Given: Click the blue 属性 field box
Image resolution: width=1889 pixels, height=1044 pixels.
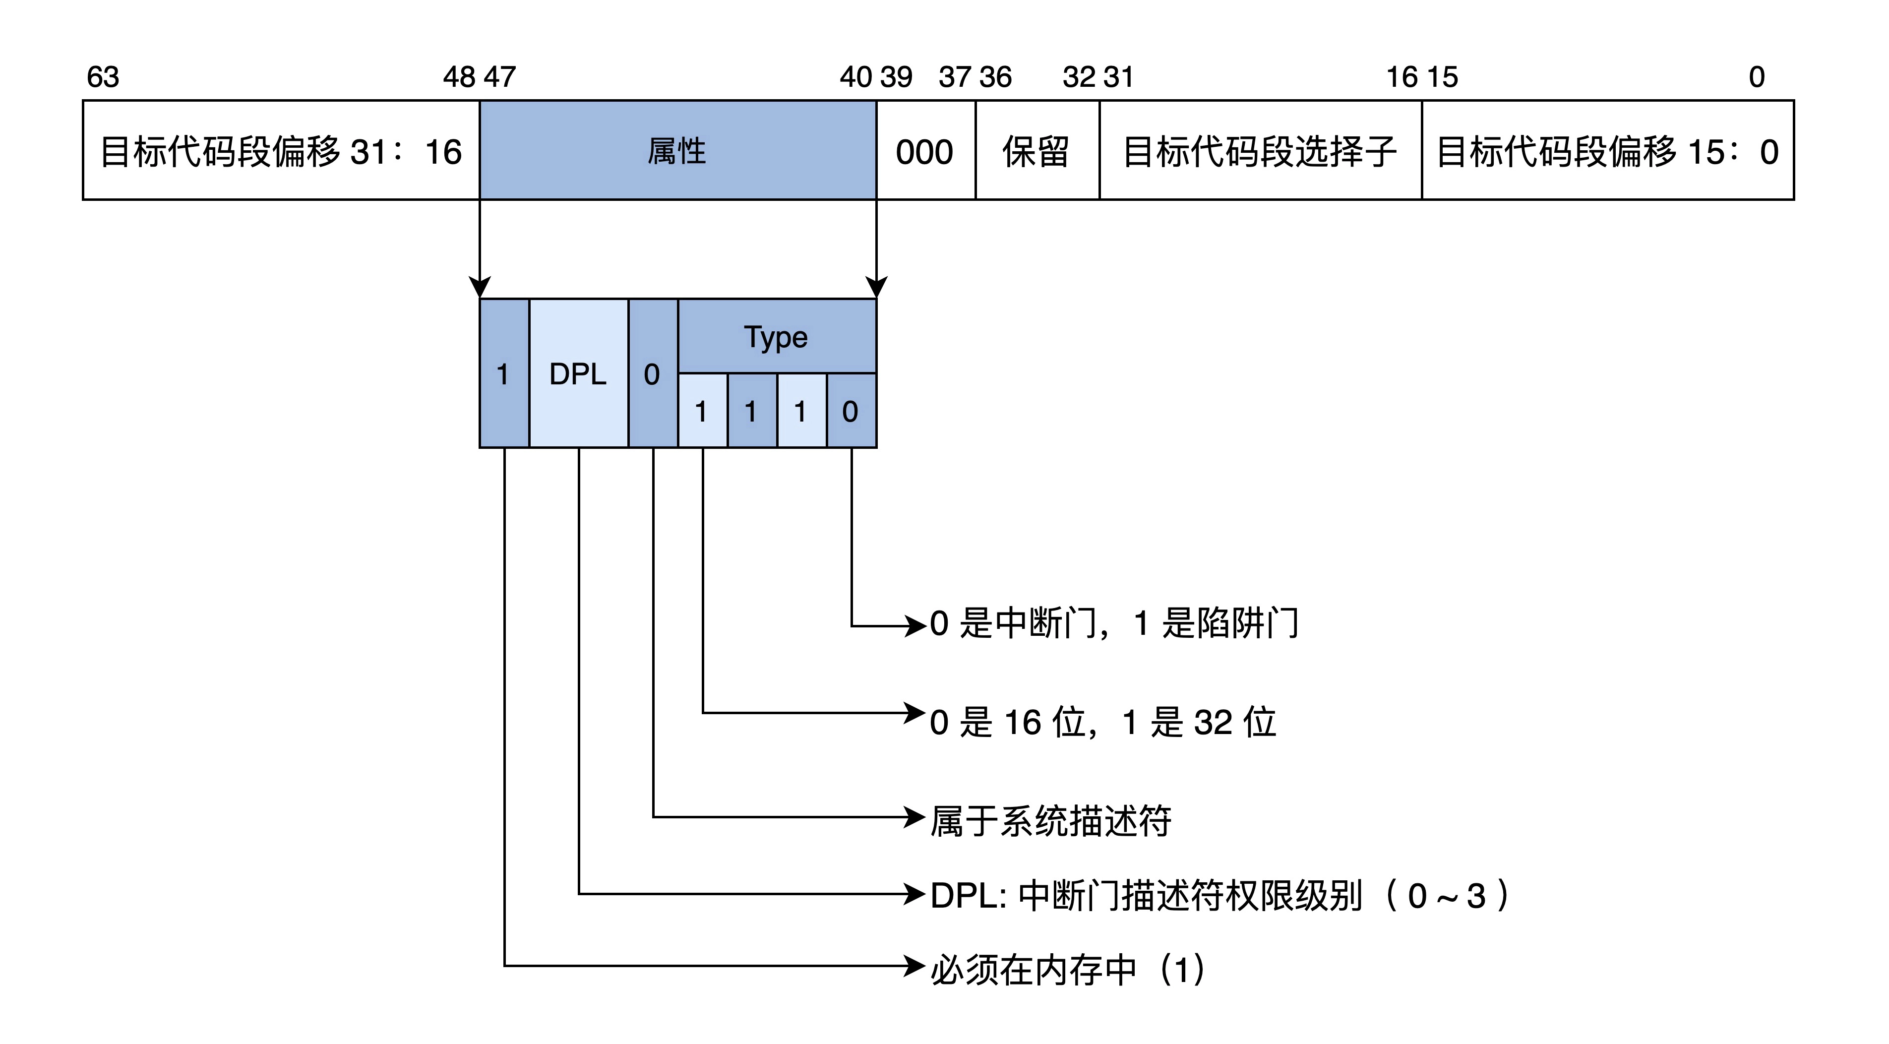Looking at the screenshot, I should click(x=677, y=150).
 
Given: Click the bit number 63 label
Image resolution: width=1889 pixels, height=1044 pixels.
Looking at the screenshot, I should click(x=103, y=77).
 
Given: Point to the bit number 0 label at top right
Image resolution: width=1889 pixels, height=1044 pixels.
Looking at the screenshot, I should click(x=1756, y=77).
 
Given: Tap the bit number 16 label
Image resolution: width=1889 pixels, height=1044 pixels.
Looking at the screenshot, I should click(x=1402, y=77).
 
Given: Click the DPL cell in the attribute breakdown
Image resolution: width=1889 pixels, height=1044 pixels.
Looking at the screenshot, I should click(x=578, y=374).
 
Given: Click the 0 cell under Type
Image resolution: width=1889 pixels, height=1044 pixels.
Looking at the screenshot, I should click(x=851, y=411).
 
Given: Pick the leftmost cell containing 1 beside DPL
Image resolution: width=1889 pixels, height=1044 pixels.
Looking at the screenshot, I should click(x=503, y=374).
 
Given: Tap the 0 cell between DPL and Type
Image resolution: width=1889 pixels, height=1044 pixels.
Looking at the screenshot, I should click(x=652, y=374).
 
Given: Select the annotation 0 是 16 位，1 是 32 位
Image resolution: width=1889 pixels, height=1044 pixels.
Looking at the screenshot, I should click(x=1102, y=722).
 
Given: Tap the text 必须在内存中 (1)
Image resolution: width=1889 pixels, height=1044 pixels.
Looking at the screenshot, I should click(x=1067, y=969).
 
